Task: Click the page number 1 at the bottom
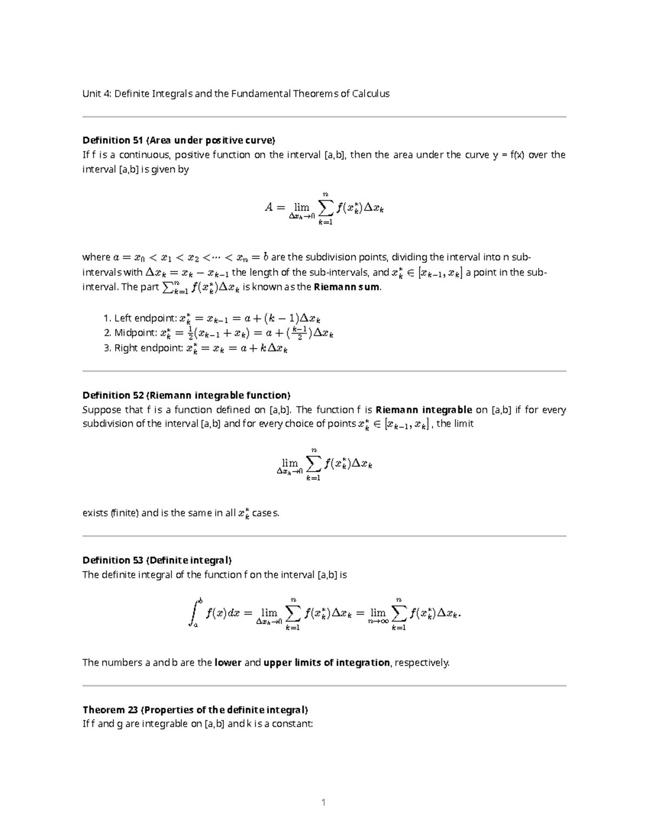click(x=323, y=802)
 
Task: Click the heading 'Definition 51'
click(x=113, y=141)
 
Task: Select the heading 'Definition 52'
click(x=113, y=395)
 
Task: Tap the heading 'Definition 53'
click(x=113, y=560)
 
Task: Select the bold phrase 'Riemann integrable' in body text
click(x=423, y=410)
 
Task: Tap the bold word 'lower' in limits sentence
click(x=228, y=663)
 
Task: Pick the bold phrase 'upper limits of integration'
click(x=326, y=663)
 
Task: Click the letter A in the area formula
click(x=269, y=207)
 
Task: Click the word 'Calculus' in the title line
click(x=370, y=94)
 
